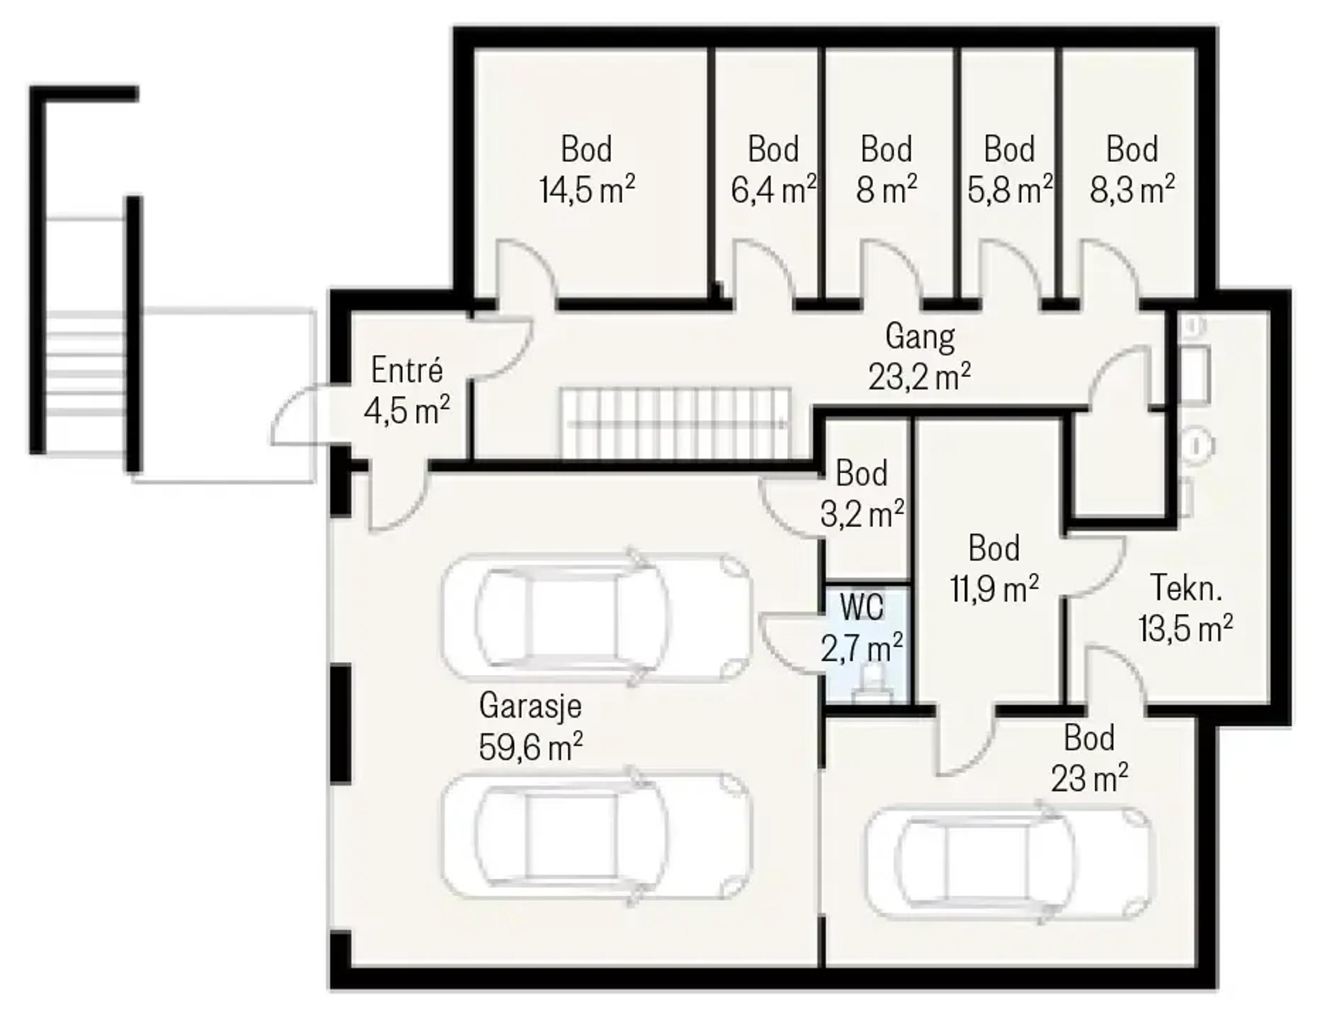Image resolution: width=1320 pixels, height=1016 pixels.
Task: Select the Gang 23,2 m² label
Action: (920, 357)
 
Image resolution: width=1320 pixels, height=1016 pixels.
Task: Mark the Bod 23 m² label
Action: (1089, 758)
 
